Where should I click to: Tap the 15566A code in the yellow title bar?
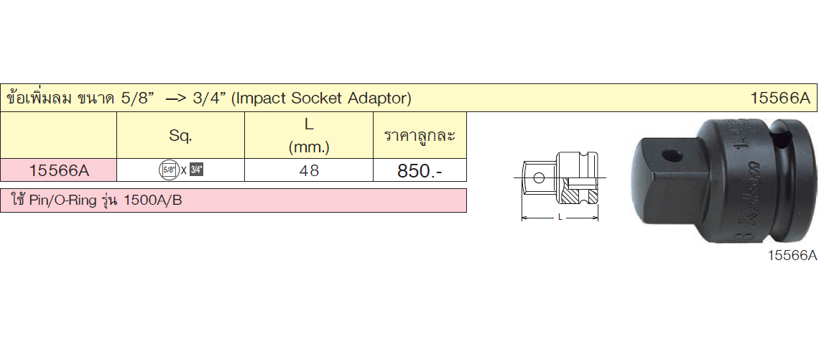(780, 98)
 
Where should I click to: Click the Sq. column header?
(180, 136)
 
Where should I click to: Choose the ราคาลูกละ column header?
(420, 136)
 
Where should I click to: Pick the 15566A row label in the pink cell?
(59, 170)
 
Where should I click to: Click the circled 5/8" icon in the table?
(168, 170)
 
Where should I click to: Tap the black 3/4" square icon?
(196, 170)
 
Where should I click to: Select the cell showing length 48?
(309, 171)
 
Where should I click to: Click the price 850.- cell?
(420, 171)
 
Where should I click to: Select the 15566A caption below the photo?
(793, 256)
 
